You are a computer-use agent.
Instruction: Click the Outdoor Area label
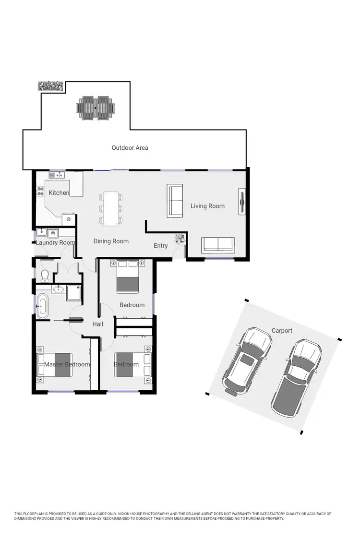pos(130,148)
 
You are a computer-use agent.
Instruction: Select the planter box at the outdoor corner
pos(51,86)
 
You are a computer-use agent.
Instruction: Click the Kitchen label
pos(59,193)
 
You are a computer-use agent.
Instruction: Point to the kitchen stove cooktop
pos(40,192)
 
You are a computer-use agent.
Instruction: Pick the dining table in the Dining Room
pos(111,208)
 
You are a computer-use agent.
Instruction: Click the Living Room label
pos(207,206)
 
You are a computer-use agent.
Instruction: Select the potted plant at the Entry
pos(180,239)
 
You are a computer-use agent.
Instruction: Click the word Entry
pos(161,246)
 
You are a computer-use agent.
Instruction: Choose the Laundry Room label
pos(56,243)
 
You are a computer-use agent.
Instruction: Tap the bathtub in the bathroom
pos(42,306)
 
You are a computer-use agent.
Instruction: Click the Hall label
pos(98,324)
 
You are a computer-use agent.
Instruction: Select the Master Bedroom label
pos(67,364)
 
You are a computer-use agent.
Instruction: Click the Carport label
pos(282,331)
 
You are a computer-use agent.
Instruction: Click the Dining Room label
pos(111,241)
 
